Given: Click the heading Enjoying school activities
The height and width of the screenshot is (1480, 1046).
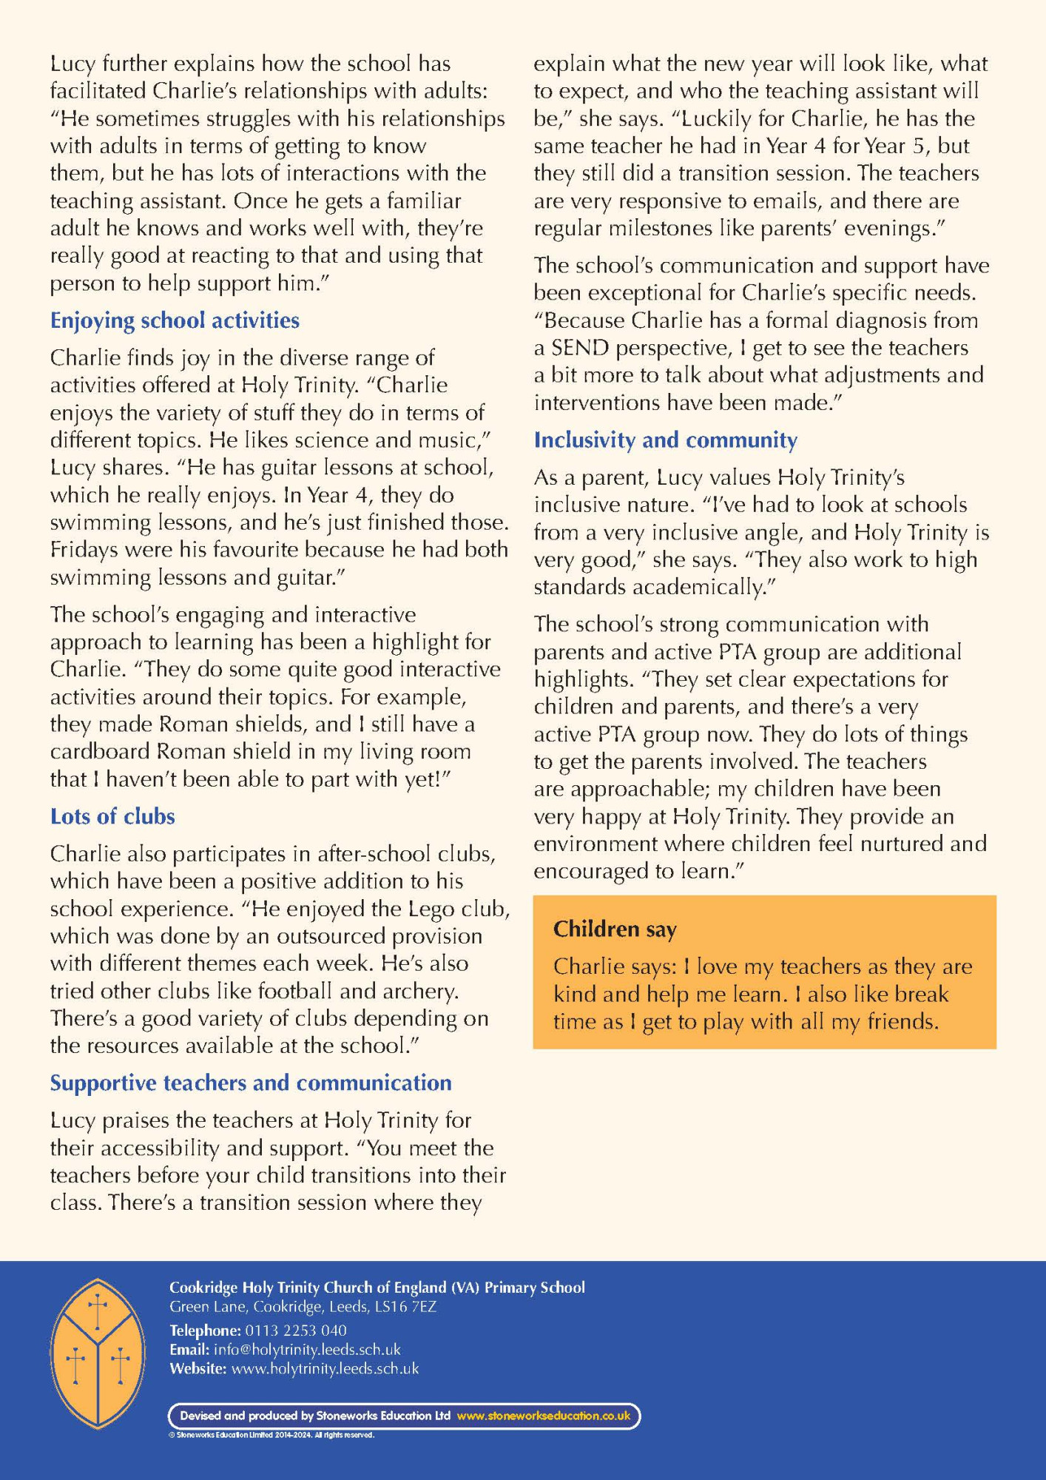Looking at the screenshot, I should (x=175, y=320).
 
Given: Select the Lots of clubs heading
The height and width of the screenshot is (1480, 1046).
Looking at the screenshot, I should (x=112, y=816).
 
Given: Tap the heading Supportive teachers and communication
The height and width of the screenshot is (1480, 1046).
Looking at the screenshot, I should (x=251, y=1083).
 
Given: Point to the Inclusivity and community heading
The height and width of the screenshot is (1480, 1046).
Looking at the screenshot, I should (x=666, y=440).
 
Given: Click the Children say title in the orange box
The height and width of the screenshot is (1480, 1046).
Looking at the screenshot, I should (x=615, y=929).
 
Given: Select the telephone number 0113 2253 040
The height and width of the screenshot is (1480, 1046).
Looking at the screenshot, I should (x=296, y=1330).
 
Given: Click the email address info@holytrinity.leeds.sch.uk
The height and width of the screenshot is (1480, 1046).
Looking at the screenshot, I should (x=307, y=1349).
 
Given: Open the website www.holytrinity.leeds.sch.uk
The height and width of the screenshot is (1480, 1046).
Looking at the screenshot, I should (x=325, y=1368).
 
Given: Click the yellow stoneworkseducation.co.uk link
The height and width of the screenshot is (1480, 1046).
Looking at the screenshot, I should (x=544, y=1416).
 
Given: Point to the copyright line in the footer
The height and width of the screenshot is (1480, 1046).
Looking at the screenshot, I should (x=271, y=1435).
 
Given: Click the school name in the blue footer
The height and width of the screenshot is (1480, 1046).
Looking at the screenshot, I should (x=377, y=1288).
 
